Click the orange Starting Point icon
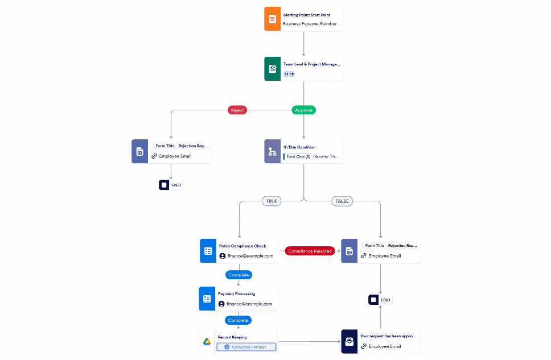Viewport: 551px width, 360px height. point(272,19)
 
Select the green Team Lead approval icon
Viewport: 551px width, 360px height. point(272,69)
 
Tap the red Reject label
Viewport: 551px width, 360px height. point(237,110)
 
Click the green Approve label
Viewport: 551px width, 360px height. point(303,110)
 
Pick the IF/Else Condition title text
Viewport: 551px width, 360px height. point(299,147)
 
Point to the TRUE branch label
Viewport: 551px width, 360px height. point(271,201)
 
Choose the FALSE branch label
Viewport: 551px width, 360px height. point(342,201)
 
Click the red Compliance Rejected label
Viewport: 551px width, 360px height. point(310,251)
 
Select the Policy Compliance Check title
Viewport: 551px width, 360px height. point(242,246)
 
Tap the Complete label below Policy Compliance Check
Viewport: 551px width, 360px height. point(239,275)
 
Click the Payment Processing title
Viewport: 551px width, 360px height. point(236,294)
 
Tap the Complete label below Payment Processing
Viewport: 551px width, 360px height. point(239,320)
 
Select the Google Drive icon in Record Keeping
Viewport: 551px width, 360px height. point(207,342)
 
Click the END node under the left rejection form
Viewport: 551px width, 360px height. point(171,185)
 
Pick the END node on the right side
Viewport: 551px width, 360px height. point(380,300)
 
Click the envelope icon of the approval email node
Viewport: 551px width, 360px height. point(349,342)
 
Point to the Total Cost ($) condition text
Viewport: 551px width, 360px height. point(298,156)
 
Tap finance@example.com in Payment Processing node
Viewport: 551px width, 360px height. point(249,304)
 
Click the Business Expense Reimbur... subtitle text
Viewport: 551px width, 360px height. point(312,24)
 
